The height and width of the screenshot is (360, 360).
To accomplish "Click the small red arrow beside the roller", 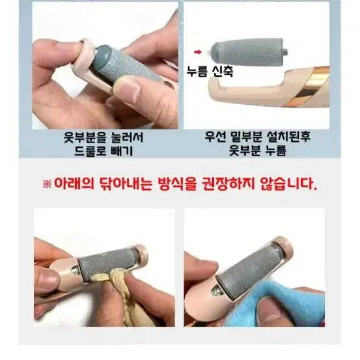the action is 198,52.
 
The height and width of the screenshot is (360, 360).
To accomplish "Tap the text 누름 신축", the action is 210,72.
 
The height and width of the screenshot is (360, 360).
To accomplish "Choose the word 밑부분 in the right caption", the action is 246,137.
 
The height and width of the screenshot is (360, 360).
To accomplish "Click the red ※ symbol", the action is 47,184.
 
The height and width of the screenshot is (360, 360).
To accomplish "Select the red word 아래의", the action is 74,184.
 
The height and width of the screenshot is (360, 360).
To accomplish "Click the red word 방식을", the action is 177,184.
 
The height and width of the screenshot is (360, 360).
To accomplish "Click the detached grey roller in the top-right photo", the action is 249,52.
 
